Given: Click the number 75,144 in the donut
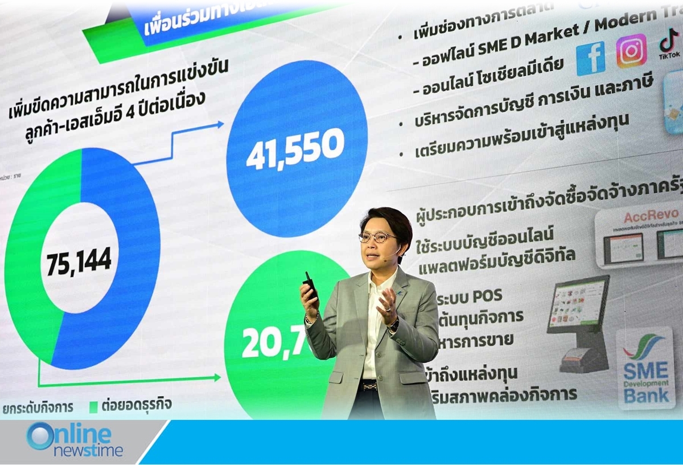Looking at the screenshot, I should [x=79, y=262].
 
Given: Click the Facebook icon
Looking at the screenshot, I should [x=590, y=58].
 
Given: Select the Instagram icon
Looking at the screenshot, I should [x=631, y=51].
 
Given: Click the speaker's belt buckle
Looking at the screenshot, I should [x=370, y=386].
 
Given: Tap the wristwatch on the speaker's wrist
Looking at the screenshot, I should [x=393, y=325].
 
